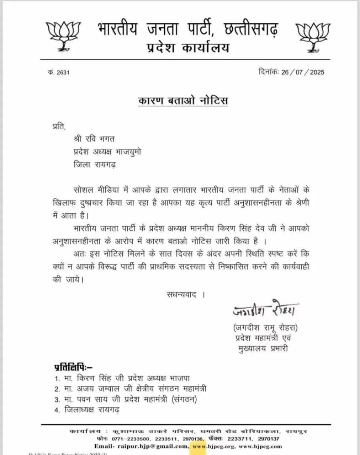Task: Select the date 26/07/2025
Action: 303,72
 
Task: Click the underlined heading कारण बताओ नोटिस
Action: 183,101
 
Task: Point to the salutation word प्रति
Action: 59,126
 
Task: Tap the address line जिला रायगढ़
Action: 95,165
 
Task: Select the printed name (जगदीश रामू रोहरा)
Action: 265,327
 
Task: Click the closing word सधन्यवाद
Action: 181,294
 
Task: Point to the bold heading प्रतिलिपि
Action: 73,366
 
